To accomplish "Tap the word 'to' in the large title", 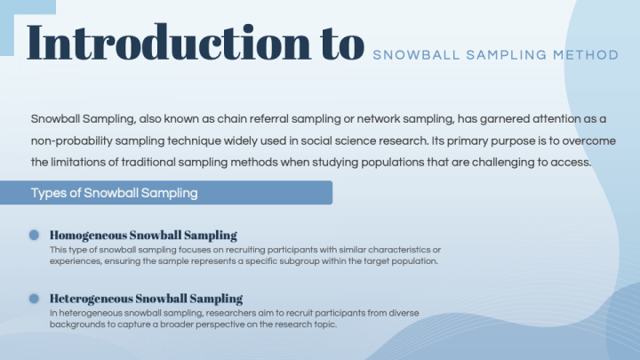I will coord(341,42).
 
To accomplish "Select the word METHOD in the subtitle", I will coord(586,55).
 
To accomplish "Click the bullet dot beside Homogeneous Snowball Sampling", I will coord(34,235).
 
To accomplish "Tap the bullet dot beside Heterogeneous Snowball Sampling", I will coord(34,299).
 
